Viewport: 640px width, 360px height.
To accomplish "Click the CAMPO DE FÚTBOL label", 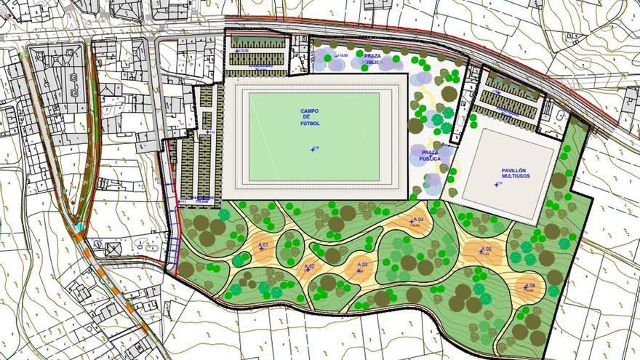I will [x=310, y=117].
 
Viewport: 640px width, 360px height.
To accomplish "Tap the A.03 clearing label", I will [x=361, y=264].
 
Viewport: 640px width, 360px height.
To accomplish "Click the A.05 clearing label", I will [x=485, y=250].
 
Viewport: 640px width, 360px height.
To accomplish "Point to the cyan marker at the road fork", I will [x=79, y=228].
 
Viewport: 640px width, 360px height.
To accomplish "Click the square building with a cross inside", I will [x=113, y=249].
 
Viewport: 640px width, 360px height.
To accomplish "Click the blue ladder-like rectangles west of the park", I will [x=173, y=251].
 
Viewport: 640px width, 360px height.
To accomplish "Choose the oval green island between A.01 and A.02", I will [x=289, y=248].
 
